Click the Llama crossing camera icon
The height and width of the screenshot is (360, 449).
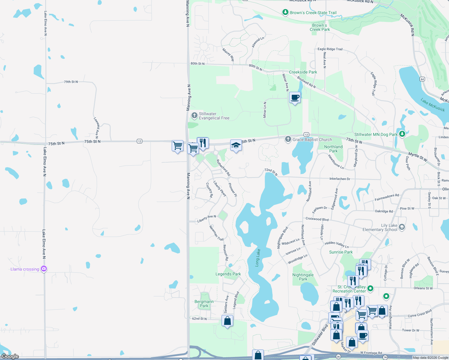pos(44,269)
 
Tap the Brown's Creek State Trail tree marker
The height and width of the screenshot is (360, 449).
pos(285,12)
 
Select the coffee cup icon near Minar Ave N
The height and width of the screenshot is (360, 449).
pos(295,97)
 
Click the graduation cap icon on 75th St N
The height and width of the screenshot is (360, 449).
pos(236,145)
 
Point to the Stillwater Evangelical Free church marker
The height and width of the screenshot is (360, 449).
pos(194,115)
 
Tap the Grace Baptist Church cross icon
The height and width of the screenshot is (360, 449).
pos(288,139)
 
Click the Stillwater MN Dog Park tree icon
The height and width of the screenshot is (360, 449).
pos(402,134)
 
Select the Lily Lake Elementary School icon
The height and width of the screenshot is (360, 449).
pos(402,227)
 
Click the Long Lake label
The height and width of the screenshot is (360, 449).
pos(258,258)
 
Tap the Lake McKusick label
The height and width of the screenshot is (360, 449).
pos(432,105)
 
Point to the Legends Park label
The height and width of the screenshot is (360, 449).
pos(228,274)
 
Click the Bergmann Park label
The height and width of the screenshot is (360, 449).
pos(204,304)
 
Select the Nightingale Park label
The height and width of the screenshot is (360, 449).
pos(303,277)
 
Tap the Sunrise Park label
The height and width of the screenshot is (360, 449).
pos(341,252)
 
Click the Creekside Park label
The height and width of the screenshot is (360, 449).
pos(303,72)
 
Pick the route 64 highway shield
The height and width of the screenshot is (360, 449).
pos(422,79)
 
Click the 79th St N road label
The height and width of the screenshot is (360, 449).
pos(71,82)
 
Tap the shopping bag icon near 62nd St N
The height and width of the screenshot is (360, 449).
pos(228,321)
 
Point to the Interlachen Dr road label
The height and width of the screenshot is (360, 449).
pos(340,179)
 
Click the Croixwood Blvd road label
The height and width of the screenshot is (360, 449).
pos(317,219)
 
